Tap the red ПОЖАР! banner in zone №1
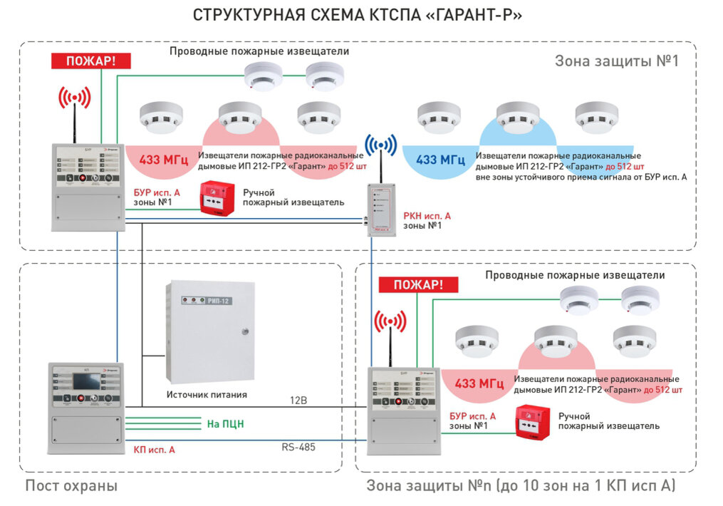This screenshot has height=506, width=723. coord(90,61)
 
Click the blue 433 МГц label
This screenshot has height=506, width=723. coord(440,160)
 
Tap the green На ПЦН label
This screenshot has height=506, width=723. coord(225,423)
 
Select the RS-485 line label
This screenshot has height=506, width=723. coord(298,447)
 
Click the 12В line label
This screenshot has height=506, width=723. coord(298,401)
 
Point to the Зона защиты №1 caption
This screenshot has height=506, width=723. coord(616,61)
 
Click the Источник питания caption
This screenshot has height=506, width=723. coord(207,394)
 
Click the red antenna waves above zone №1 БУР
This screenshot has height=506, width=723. coord(74,98)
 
